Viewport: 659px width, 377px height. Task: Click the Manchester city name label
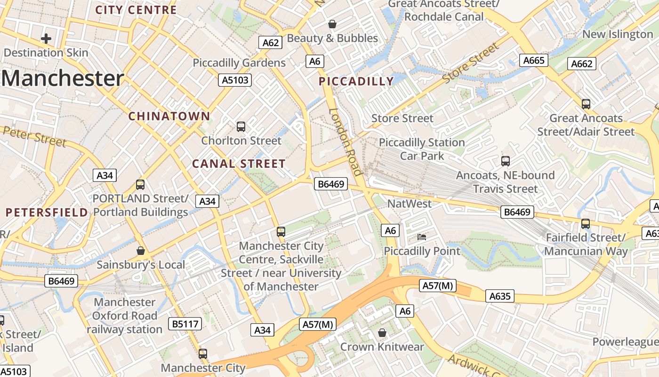point(63,78)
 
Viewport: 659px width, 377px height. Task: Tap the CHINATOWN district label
point(169,116)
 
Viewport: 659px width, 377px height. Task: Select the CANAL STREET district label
point(239,164)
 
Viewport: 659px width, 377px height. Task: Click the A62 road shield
point(271,43)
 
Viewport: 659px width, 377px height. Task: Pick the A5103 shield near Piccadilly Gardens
point(235,80)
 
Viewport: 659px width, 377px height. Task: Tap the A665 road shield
point(534,60)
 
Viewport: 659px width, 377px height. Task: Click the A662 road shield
point(582,64)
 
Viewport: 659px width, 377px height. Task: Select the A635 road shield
point(500,296)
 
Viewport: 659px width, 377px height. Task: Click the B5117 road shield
point(185,324)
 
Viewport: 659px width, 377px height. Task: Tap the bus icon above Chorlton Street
point(241,126)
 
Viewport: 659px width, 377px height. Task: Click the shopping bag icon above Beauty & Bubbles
point(332,24)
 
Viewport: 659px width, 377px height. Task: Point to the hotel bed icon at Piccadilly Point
point(422,237)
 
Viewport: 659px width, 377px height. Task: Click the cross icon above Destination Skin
point(46,38)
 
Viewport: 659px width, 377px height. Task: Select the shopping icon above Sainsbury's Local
point(140,250)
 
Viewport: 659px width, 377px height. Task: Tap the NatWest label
point(409,204)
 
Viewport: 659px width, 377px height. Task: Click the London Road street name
point(346,142)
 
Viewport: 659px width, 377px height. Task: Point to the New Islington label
point(618,34)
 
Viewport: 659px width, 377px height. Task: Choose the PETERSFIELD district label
point(47,212)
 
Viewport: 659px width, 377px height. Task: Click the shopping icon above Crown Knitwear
point(382,333)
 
